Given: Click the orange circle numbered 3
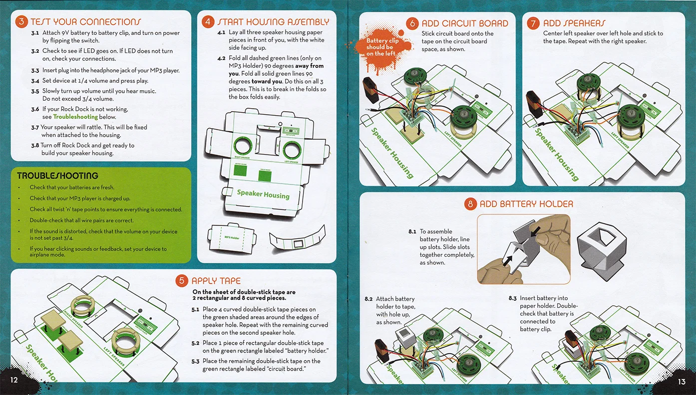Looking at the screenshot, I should [x=21, y=21].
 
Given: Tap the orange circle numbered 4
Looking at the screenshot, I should [x=208, y=22].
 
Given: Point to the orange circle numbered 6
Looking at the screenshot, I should [x=412, y=23].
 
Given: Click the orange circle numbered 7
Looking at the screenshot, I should [x=534, y=23].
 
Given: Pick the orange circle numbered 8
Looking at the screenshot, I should [x=470, y=203].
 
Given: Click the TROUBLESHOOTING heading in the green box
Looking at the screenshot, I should [x=57, y=176].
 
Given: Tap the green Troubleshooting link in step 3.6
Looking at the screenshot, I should [x=75, y=117].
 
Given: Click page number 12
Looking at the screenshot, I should [x=13, y=381].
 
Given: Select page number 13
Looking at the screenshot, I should [x=682, y=382].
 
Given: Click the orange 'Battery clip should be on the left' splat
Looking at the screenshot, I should [x=382, y=48].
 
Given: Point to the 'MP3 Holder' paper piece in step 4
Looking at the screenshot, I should [x=233, y=238].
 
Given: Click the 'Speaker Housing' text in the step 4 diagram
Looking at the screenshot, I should [x=263, y=194].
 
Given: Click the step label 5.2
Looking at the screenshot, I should [x=195, y=343].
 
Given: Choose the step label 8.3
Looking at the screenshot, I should [x=513, y=298].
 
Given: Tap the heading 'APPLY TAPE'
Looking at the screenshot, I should [x=216, y=281].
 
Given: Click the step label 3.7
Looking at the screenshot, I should [x=35, y=128].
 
